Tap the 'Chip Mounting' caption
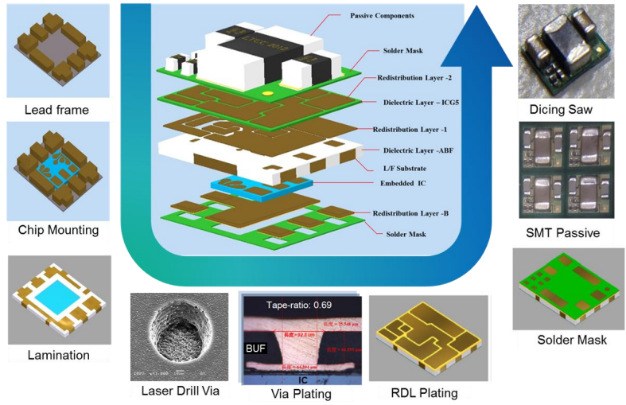(x=58, y=230)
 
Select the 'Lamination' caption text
(x=56, y=355)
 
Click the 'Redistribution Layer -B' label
(x=412, y=214)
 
